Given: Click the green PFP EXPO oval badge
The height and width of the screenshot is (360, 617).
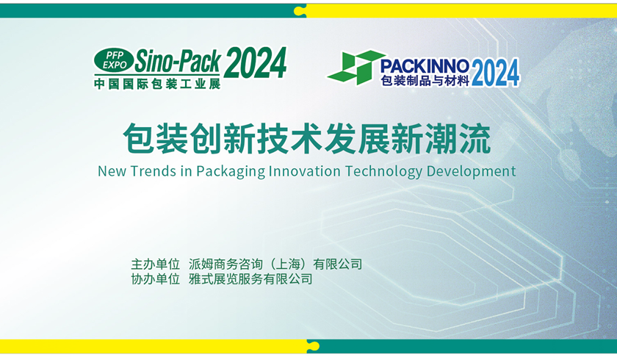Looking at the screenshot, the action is pos(114,60).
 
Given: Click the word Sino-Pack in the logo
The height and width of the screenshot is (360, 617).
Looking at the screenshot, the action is pos(178,61).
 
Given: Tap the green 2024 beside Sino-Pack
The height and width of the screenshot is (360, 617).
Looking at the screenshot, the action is pos(256,62).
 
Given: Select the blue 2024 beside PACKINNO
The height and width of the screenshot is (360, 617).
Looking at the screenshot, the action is pos(495,73).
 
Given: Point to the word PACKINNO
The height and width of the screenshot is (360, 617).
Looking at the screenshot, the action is pos(425,65).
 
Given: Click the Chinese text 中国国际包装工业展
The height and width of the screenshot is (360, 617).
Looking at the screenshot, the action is pos(157,84).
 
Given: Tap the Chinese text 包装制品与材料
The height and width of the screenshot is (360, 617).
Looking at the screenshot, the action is pos(425,80).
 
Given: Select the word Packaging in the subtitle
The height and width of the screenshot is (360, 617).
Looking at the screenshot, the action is pos(231,172).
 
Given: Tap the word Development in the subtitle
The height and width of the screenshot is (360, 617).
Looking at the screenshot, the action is pos(471,172).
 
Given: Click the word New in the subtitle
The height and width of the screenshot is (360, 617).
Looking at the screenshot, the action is pos(112,171).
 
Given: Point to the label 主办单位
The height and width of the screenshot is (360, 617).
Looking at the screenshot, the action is pos(156,264).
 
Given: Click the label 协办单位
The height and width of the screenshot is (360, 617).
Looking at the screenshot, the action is pos(156,279).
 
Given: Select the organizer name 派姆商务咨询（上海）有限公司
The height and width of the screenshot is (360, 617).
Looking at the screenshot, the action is pos(275,264).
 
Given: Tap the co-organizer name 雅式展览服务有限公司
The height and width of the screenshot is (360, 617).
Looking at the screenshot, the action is pos(250,279).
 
